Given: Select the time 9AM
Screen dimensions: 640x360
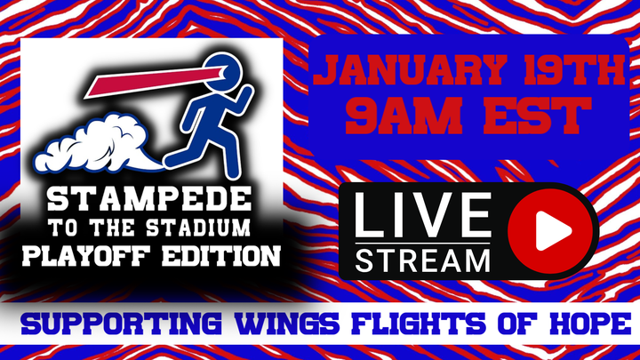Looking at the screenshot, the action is pos(403,116).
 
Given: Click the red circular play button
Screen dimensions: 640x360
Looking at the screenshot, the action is pos(551,231).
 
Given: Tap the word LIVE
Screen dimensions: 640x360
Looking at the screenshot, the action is pos(423,215).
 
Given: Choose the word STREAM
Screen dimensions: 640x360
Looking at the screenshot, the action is pos(423,260).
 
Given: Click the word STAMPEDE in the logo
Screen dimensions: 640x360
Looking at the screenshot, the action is pos(148,200).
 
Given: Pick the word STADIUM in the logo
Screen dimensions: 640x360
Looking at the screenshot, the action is pos(198,228).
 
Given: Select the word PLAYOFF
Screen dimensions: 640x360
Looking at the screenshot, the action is pos(88,256).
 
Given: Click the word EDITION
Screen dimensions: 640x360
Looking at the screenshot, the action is pos(220,256).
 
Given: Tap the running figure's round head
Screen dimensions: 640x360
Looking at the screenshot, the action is pos(223,72).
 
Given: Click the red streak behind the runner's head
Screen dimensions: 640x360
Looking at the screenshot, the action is pos(153,83).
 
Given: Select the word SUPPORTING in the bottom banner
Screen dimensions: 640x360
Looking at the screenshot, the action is pos(122,324).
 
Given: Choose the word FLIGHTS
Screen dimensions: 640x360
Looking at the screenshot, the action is pos(419,324).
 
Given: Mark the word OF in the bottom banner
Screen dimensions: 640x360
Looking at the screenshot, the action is pos(517,324).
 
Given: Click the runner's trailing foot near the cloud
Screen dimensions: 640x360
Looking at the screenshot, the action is pos(173,160).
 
